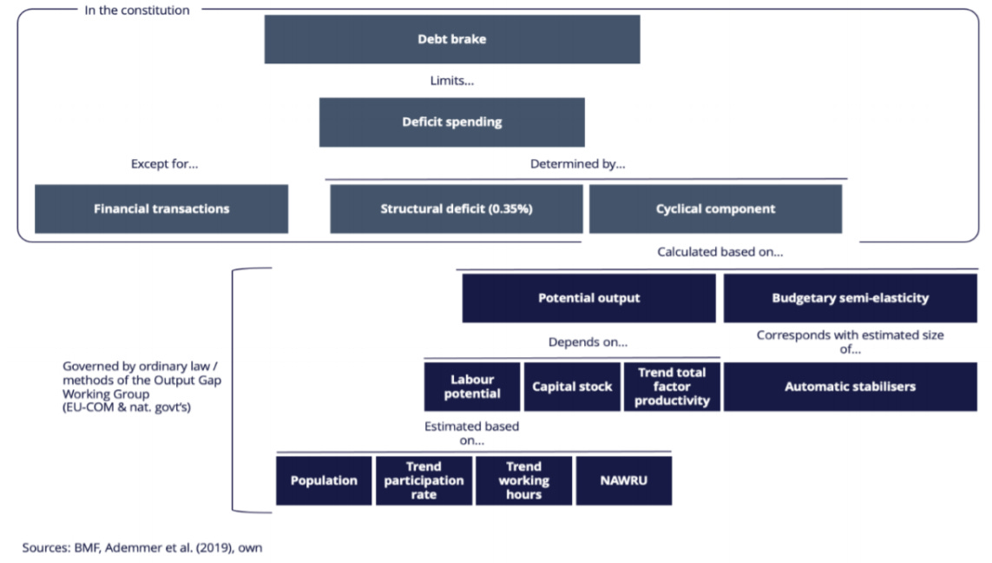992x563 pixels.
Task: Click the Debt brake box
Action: [451, 39]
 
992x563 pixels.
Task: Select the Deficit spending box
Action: [451, 122]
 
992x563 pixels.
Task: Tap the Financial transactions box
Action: [161, 209]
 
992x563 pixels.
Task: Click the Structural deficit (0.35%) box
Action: [456, 209]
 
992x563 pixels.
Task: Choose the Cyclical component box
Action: [715, 209]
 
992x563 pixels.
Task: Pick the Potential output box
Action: [588, 298]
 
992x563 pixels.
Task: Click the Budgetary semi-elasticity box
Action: [850, 298]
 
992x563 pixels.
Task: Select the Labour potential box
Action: [472, 387]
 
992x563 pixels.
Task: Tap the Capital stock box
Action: [572, 387]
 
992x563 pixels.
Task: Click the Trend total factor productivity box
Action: [671, 387]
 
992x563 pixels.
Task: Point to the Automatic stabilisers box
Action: [850, 387]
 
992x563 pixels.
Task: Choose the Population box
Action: [324, 480]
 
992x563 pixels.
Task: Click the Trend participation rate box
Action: [424, 480]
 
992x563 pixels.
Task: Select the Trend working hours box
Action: [523, 480]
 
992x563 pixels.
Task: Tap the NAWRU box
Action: [623, 480]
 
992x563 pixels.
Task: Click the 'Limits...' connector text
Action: [451, 81]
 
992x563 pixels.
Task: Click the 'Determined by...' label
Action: [577, 163]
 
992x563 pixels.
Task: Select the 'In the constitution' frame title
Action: [136, 10]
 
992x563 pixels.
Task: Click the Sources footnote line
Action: [141, 547]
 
